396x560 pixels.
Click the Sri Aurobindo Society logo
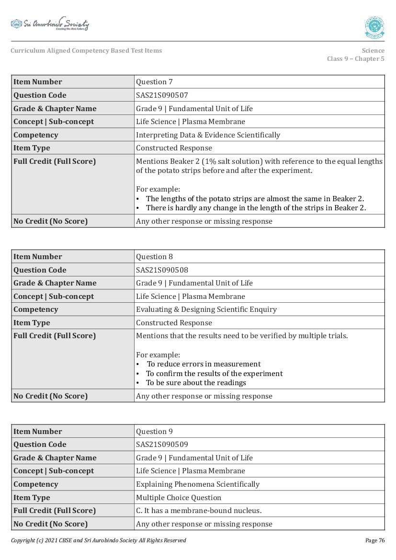50,24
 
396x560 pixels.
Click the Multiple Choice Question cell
179,498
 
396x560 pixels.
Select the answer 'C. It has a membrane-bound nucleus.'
199,511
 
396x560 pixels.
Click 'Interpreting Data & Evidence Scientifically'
208,135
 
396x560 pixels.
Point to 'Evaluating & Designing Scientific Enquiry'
206,309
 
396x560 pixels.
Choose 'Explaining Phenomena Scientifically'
198,484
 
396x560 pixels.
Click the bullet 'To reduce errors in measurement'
204,364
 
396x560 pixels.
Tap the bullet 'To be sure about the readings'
196,383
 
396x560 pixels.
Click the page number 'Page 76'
374,540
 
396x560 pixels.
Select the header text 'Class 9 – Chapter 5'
355,59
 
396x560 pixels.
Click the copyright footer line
99,540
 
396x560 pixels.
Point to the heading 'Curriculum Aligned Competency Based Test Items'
86,51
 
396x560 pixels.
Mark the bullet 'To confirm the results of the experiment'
214,374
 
